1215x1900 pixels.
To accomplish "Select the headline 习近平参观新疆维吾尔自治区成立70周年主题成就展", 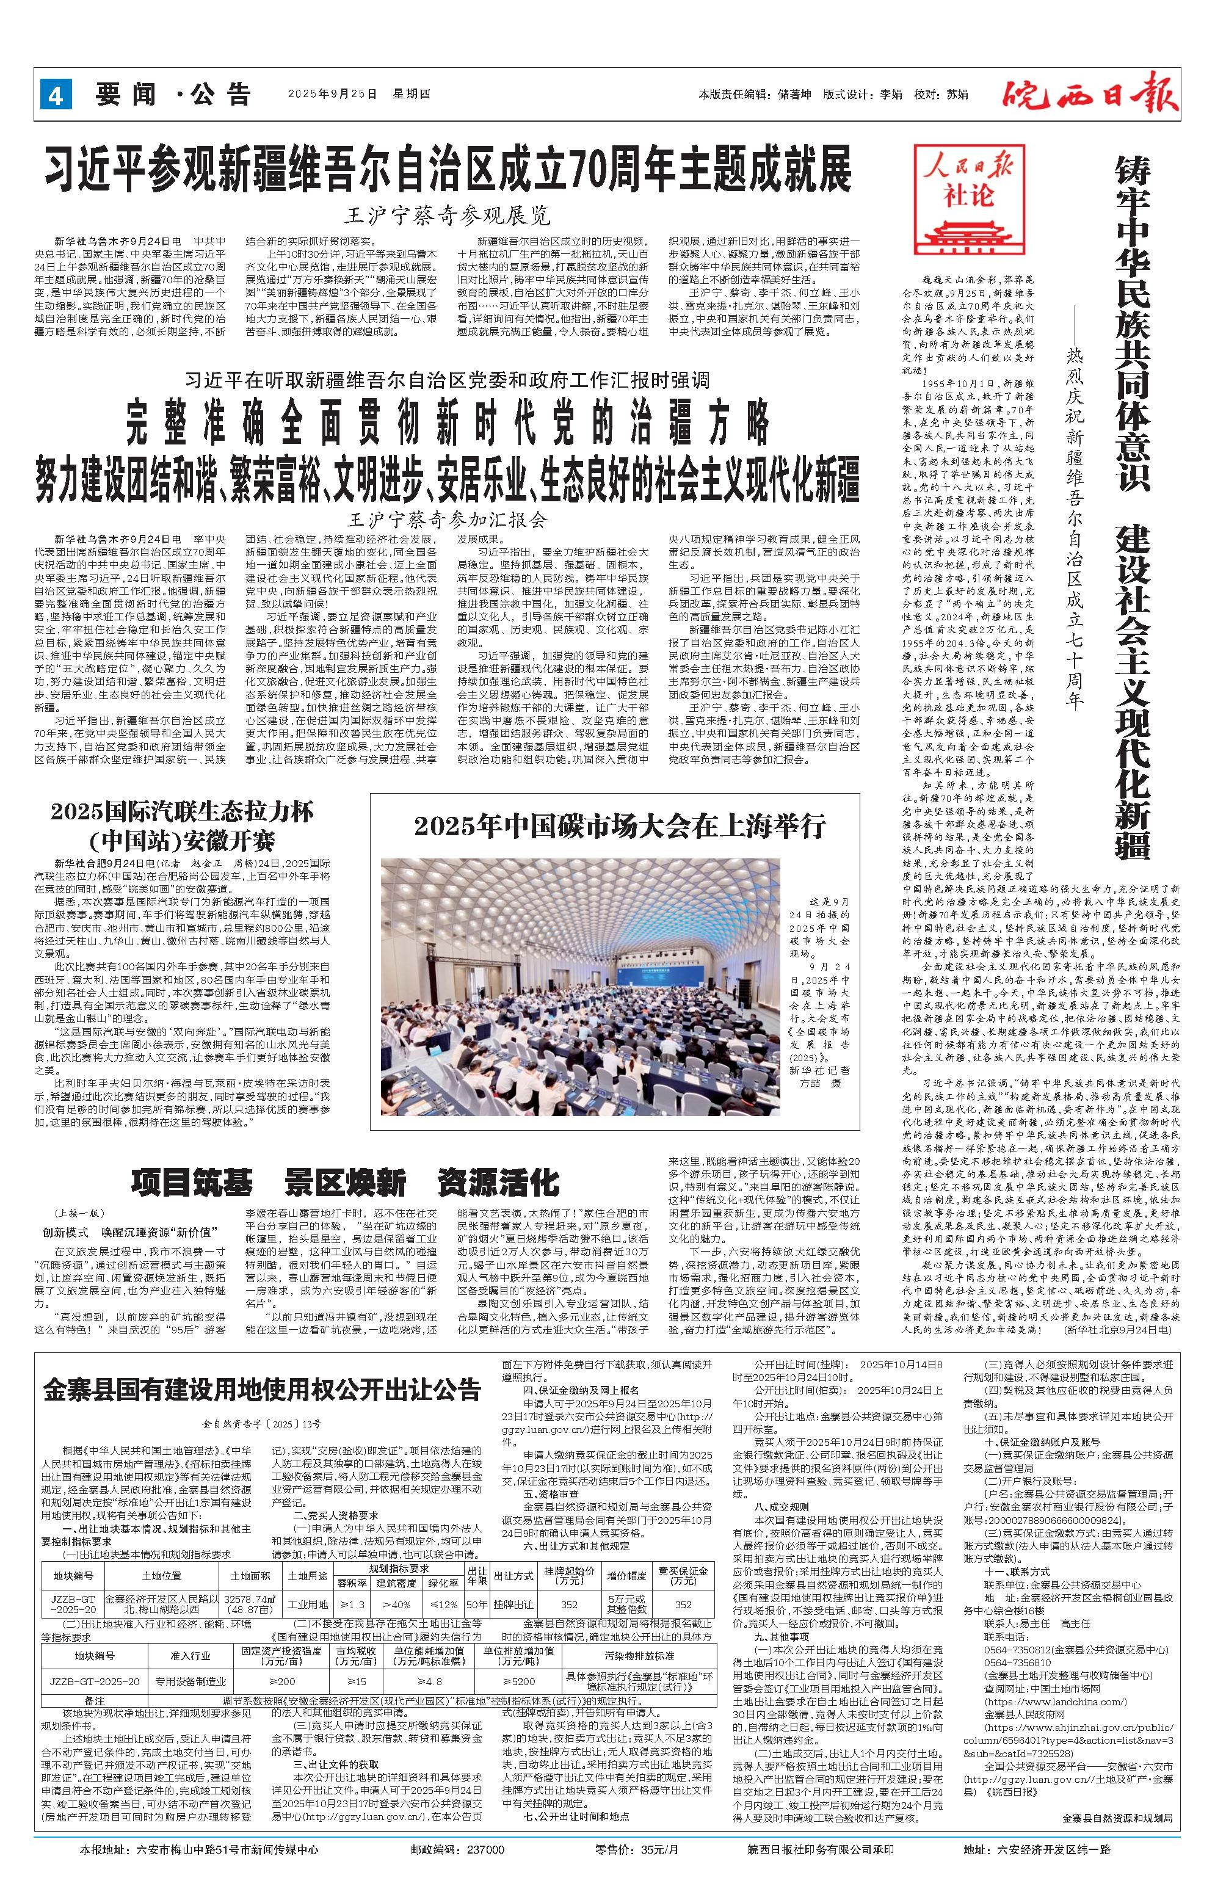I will [x=448, y=168].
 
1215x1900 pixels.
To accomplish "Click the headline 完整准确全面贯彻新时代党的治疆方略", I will [x=448, y=427].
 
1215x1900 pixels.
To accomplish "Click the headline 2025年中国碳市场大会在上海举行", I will [x=619, y=825].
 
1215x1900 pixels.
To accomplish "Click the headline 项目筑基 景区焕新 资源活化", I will [x=345, y=1183].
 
